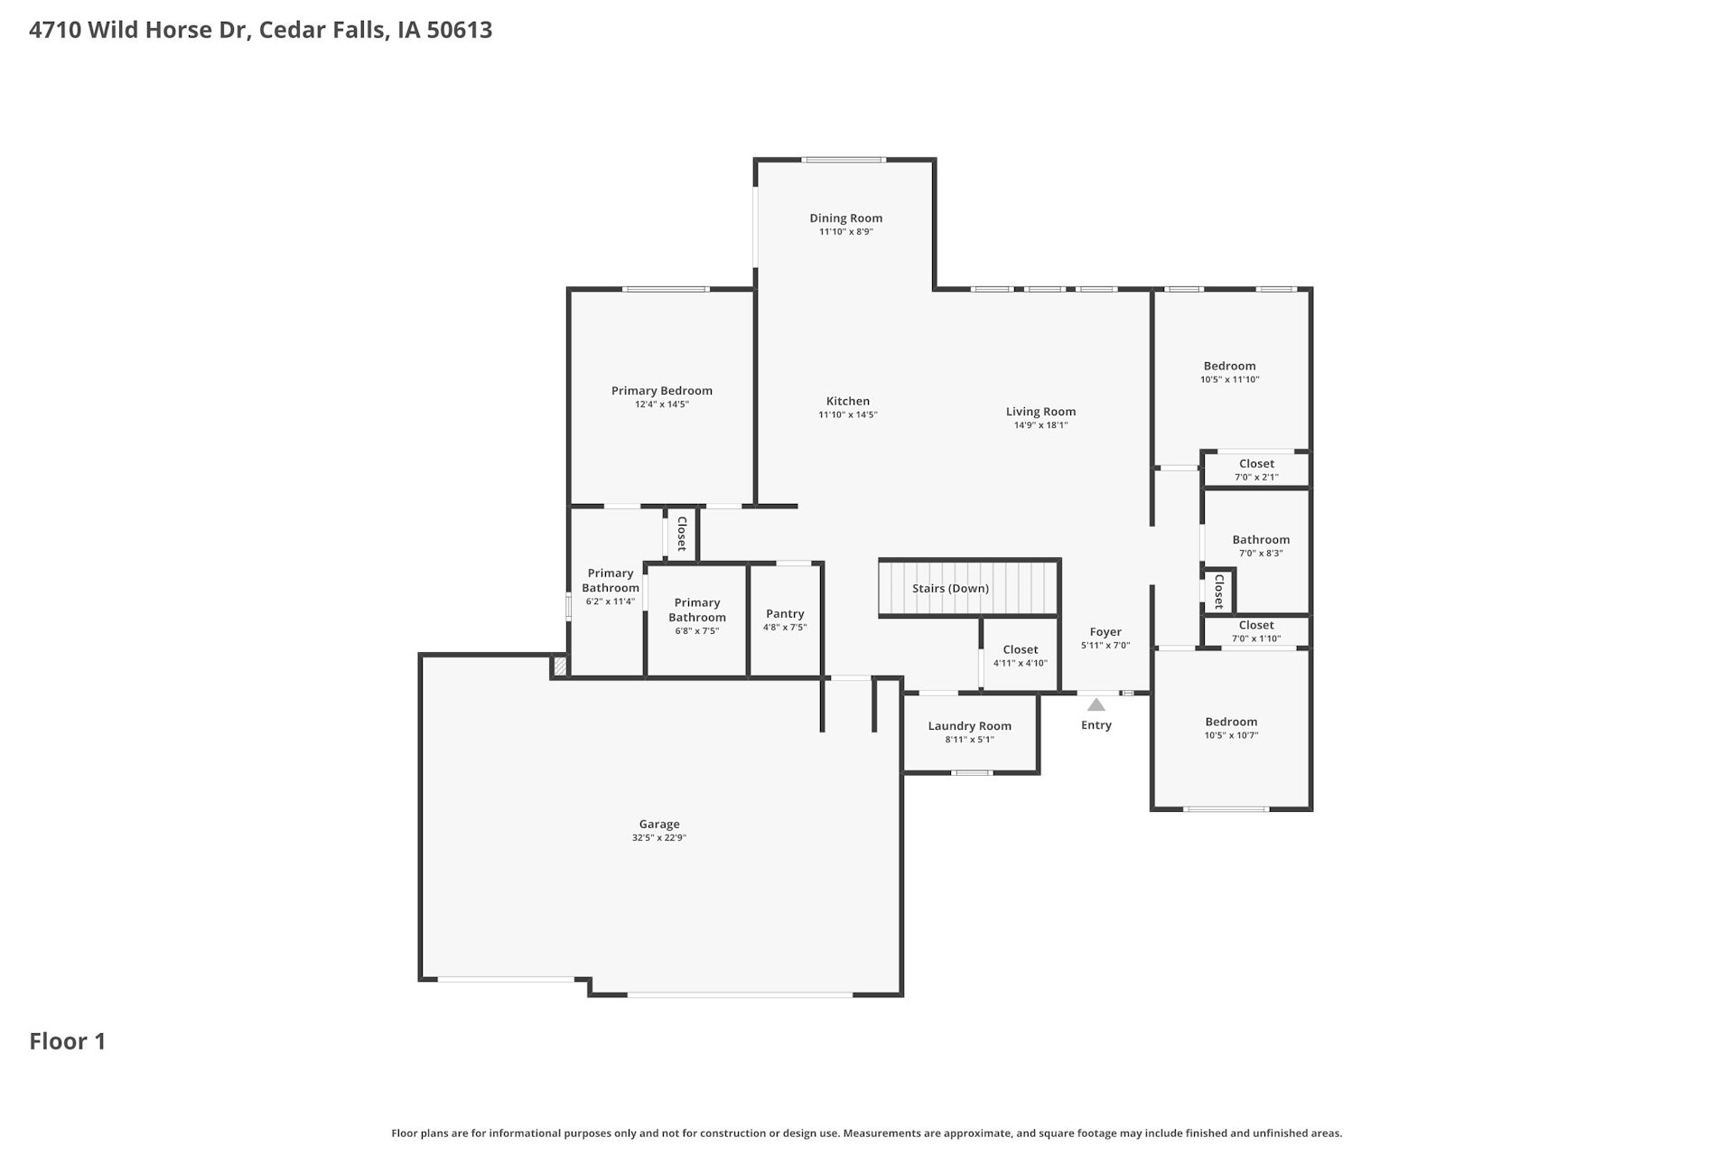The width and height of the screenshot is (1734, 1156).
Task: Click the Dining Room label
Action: [x=845, y=218]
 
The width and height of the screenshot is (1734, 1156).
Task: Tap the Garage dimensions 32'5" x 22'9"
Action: [x=659, y=838]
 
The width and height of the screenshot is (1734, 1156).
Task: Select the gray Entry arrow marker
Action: [x=1095, y=704]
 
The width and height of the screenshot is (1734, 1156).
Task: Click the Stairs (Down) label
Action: [x=950, y=589]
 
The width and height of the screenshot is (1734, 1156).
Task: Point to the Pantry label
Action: [x=785, y=614]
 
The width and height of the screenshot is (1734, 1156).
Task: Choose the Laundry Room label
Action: [x=970, y=726]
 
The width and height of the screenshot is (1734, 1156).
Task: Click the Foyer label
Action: [x=1105, y=632]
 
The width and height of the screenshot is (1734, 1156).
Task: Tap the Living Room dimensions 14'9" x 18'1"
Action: [x=1041, y=425]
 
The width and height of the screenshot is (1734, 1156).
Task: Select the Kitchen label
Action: [x=848, y=401]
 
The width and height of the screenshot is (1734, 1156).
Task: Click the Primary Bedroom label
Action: [x=662, y=391]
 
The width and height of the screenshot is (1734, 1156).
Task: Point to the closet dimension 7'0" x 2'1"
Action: [x=1256, y=478]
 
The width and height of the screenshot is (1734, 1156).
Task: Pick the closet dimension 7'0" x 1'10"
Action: [x=1256, y=639]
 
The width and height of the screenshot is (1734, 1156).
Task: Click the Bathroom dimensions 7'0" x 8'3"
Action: [x=1261, y=554]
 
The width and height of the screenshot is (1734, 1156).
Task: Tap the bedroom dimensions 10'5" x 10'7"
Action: [x=1231, y=736]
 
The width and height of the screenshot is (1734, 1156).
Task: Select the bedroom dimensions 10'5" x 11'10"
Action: [x=1229, y=380]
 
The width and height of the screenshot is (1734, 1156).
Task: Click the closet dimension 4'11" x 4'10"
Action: [x=1021, y=664]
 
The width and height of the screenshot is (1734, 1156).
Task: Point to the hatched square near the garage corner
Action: [x=560, y=667]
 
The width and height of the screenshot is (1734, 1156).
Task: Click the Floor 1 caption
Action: [x=68, y=1041]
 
